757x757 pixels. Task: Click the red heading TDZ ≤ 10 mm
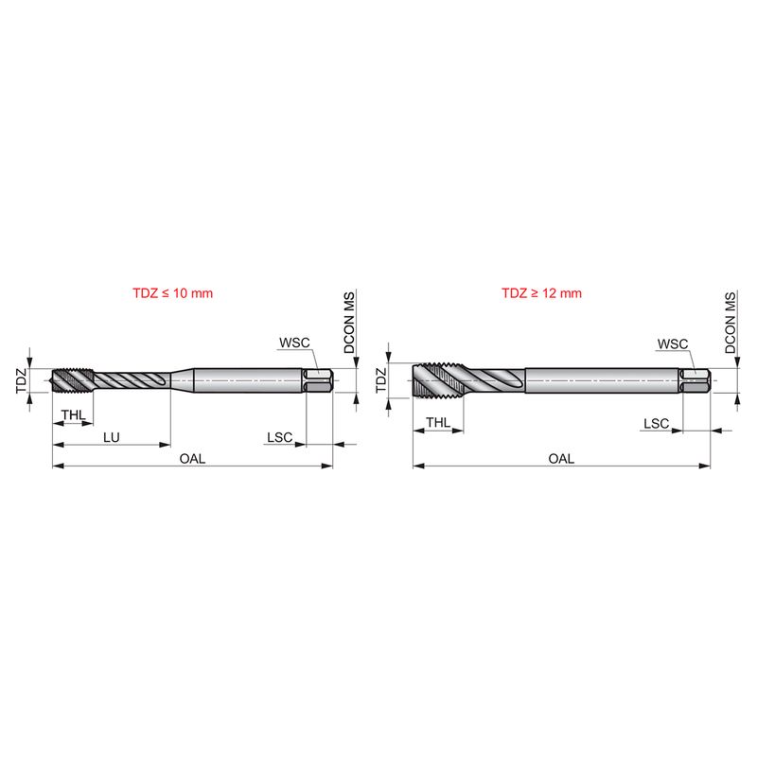[x=173, y=293]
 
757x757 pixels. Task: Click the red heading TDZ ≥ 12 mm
[x=541, y=293]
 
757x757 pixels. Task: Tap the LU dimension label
[x=112, y=437]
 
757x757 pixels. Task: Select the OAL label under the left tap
[x=192, y=458]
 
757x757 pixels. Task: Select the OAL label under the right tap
[x=561, y=458]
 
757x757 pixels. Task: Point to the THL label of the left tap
[x=74, y=414]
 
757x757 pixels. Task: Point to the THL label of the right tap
[x=438, y=422]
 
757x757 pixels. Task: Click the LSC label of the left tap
[x=280, y=437]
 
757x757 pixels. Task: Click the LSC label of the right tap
[x=656, y=423]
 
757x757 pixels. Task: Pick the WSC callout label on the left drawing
[x=294, y=343]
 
